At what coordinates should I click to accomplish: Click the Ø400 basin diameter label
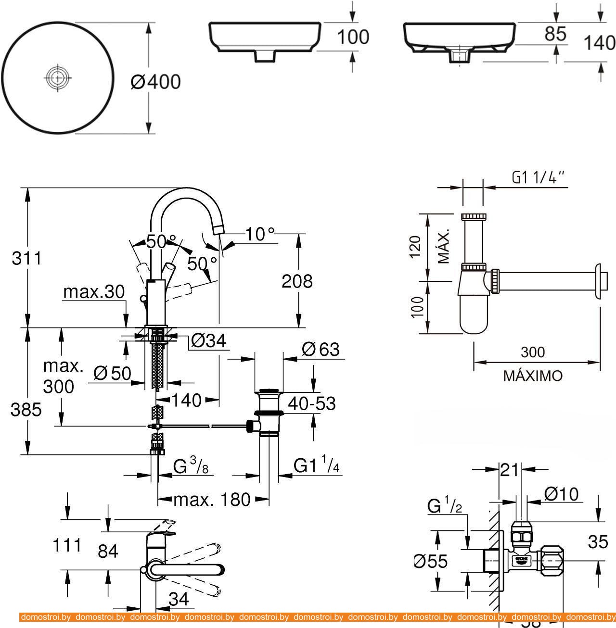155,82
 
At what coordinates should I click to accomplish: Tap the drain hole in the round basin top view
58,76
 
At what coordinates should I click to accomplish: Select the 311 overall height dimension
27,258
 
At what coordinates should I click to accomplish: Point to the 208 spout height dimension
297,281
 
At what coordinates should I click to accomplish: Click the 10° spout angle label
259,234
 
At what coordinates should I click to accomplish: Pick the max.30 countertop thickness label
94,291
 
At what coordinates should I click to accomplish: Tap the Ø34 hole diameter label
208,340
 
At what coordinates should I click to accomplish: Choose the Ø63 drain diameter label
321,349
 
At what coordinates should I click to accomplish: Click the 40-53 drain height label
311,403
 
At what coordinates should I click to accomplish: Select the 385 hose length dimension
26,409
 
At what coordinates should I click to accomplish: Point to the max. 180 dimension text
212,500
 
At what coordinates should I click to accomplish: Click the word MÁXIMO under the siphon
533,376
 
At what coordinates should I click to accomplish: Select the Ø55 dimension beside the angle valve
431,561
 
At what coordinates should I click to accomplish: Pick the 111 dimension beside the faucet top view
68,545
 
